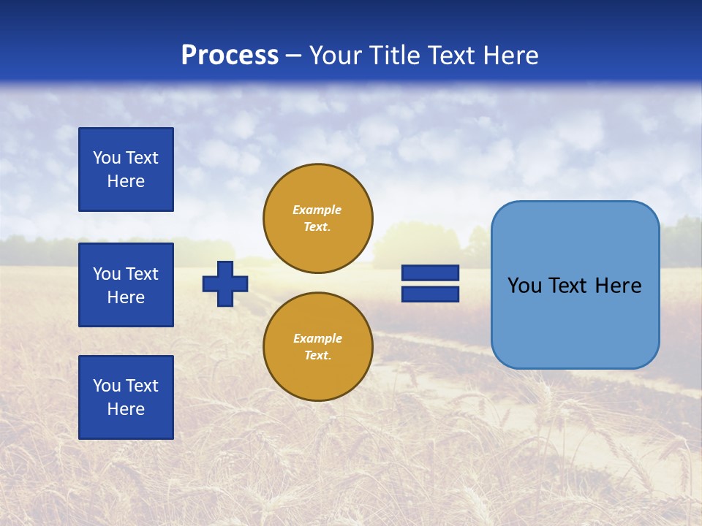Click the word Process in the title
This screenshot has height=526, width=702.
point(230,56)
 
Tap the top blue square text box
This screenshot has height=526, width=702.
point(126,169)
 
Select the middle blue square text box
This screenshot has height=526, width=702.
point(126,285)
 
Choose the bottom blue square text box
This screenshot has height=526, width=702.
point(126,397)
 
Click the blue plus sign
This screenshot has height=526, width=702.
point(225,283)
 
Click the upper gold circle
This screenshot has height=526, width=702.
point(318,218)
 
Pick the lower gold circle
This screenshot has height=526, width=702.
point(318,347)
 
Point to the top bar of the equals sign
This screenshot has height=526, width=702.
point(430,273)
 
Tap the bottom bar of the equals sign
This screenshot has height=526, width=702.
point(430,294)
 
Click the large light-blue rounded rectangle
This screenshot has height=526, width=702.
point(575,321)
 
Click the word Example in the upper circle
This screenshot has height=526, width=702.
point(317,210)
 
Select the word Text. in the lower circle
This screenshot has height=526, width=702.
point(317,356)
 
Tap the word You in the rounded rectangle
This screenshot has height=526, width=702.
point(524,286)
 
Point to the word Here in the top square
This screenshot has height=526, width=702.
point(126,181)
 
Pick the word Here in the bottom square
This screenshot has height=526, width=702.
point(126,409)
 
